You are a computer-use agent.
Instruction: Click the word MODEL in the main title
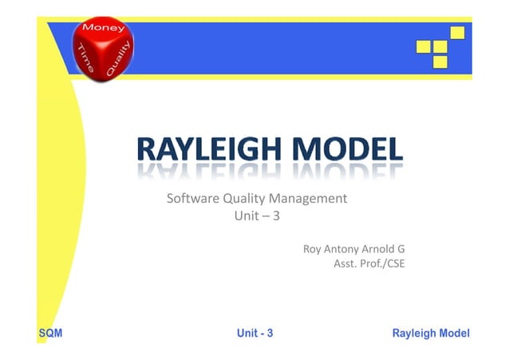pyautogui.click(x=347, y=148)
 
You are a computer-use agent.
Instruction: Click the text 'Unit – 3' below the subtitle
pyautogui.click(x=255, y=216)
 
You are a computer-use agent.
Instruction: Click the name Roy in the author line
pyautogui.click(x=312, y=249)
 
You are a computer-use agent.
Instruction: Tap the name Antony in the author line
pyautogui.click(x=344, y=249)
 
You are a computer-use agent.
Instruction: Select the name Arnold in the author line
pyautogui.click(x=381, y=249)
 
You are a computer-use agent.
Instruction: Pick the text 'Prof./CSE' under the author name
pyautogui.click(x=383, y=263)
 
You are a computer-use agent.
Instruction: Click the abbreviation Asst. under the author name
pyautogui.click(x=345, y=263)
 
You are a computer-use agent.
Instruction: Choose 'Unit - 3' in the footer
pyautogui.click(x=255, y=333)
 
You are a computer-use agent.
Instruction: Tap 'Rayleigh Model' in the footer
pyautogui.click(x=431, y=333)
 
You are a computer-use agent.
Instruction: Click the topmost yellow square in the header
pyautogui.click(x=457, y=33)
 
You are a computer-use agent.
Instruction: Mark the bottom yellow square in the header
pyautogui.click(x=440, y=61)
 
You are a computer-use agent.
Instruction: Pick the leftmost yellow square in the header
pyautogui.click(x=424, y=47)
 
